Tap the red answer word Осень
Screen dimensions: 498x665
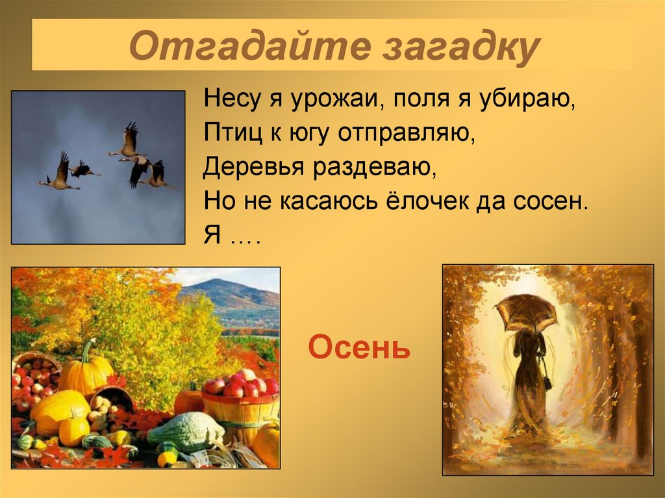[x=359, y=349]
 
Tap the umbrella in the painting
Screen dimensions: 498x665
[x=526, y=310]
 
